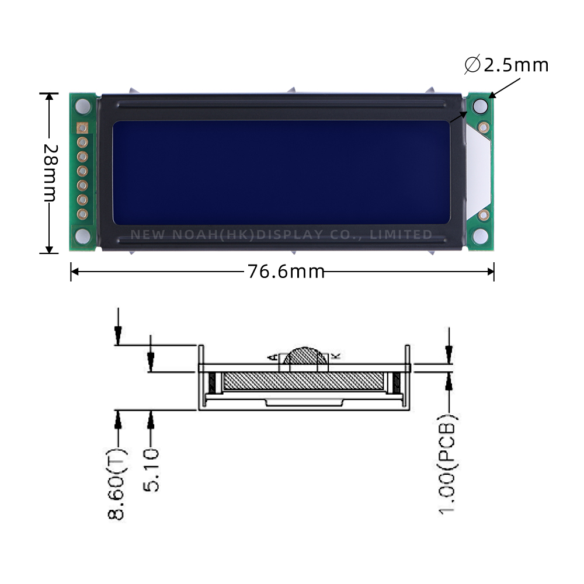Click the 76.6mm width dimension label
click(286, 272)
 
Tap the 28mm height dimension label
click(51, 173)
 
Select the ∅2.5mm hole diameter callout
click(506, 65)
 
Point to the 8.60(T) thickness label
click(117, 484)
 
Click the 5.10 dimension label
click(151, 470)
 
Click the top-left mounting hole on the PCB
click(83, 106)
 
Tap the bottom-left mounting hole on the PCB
click(83, 235)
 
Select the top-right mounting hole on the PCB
click(480, 106)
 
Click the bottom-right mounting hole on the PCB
click(480, 236)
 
